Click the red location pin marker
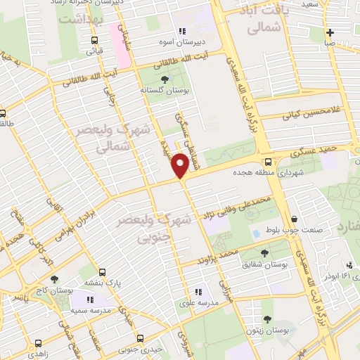pyautogui.click(x=181, y=166)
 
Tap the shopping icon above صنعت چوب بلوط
pyautogui.click(x=293, y=219)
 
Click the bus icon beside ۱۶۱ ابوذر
pyautogui.click(x=316, y=276)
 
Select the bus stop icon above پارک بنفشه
pyautogui.click(x=103, y=272)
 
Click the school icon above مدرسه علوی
pyautogui.click(x=199, y=290)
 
